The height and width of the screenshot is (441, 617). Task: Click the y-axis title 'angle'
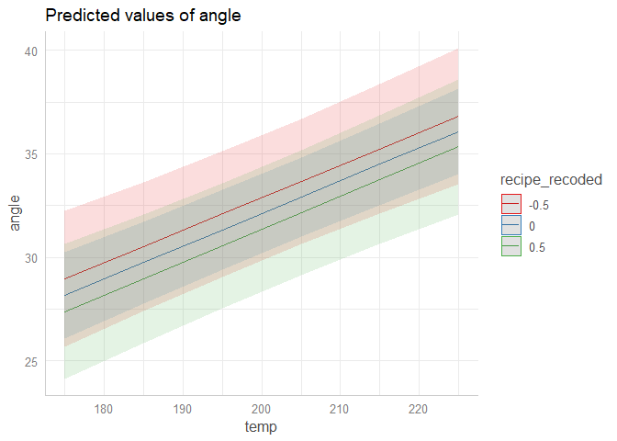pyautogui.click(x=16, y=213)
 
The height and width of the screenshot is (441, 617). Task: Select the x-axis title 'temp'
pyautogui.click(x=262, y=427)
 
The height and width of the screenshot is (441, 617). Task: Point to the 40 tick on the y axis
pyautogui.click(x=31, y=51)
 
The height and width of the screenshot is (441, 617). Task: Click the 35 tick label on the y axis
pyautogui.click(x=31, y=154)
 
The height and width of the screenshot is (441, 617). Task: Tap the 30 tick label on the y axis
pyautogui.click(x=31, y=257)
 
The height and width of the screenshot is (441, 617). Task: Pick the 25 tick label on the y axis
pyautogui.click(x=31, y=361)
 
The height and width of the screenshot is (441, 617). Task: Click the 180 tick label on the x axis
pyautogui.click(x=104, y=408)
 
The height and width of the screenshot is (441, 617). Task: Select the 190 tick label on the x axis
pyautogui.click(x=183, y=408)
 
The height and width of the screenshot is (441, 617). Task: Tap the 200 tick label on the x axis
pyautogui.click(x=262, y=408)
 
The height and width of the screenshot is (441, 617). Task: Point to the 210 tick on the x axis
pyautogui.click(x=341, y=408)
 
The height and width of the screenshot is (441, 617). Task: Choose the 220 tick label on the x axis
pyautogui.click(x=420, y=408)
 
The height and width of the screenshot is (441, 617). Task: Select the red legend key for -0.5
pyautogui.click(x=510, y=203)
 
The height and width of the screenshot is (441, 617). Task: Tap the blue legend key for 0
pyautogui.click(x=510, y=225)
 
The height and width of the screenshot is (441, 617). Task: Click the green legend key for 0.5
pyautogui.click(x=510, y=247)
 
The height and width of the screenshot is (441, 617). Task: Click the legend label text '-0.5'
pyautogui.click(x=540, y=203)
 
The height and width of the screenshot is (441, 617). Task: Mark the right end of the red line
pyautogui.click(x=458, y=117)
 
